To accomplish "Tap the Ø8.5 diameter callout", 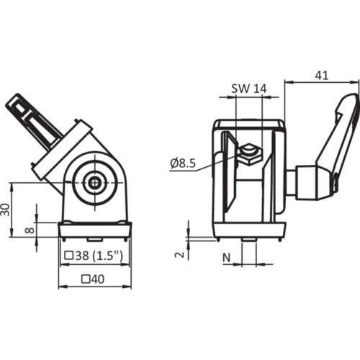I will click(185, 163).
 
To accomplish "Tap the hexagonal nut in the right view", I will click(250, 153).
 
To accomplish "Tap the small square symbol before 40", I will click(86, 279).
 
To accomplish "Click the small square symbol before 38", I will click(69, 255).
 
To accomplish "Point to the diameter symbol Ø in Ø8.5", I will click(174, 163).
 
